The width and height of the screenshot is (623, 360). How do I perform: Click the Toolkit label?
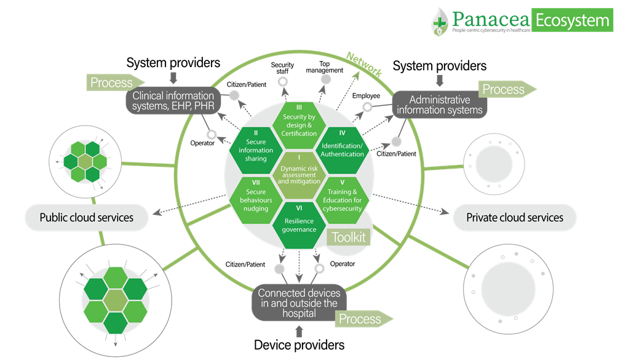[x=348, y=237]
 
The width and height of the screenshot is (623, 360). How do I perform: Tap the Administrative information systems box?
[x=440, y=105]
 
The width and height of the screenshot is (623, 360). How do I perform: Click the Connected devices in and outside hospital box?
[x=299, y=303]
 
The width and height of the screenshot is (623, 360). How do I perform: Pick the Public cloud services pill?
[x=87, y=217]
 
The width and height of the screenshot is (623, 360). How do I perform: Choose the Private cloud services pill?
[x=515, y=217]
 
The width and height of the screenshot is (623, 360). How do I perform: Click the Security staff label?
[x=282, y=68]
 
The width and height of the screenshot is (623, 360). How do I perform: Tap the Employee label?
[x=367, y=96]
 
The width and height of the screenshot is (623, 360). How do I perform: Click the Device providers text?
[x=299, y=345]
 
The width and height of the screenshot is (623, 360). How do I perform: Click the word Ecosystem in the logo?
[x=572, y=20]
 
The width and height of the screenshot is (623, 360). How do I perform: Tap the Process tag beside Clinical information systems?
[x=113, y=82]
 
